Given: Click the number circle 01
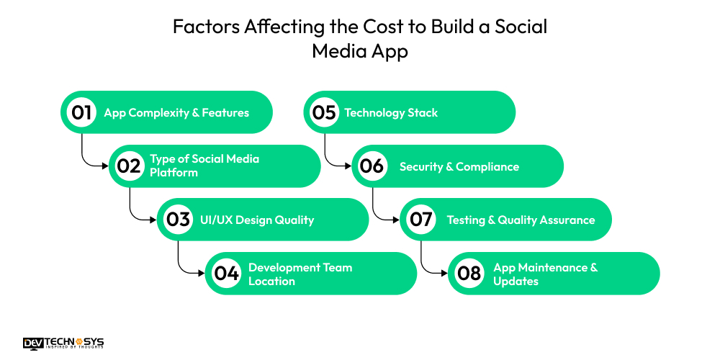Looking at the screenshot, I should [x=81, y=112].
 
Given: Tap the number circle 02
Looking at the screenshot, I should [x=130, y=166].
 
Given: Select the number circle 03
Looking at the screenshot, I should [x=178, y=220].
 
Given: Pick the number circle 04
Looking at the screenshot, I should [x=226, y=274].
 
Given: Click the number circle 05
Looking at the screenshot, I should [x=324, y=112].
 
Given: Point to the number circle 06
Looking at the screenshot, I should [x=372, y=166].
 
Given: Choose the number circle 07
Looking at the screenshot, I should [x=420, y=220].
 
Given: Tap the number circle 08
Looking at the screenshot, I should [x=469, y=274].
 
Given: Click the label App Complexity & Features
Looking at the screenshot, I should [x=176, y=112].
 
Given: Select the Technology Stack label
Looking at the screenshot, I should [x=391, y=112].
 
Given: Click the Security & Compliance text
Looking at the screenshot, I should [x=459, y=166].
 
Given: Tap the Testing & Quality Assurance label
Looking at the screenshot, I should [x=521, y=220].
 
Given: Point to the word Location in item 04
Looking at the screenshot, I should [x=271, y=281].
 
